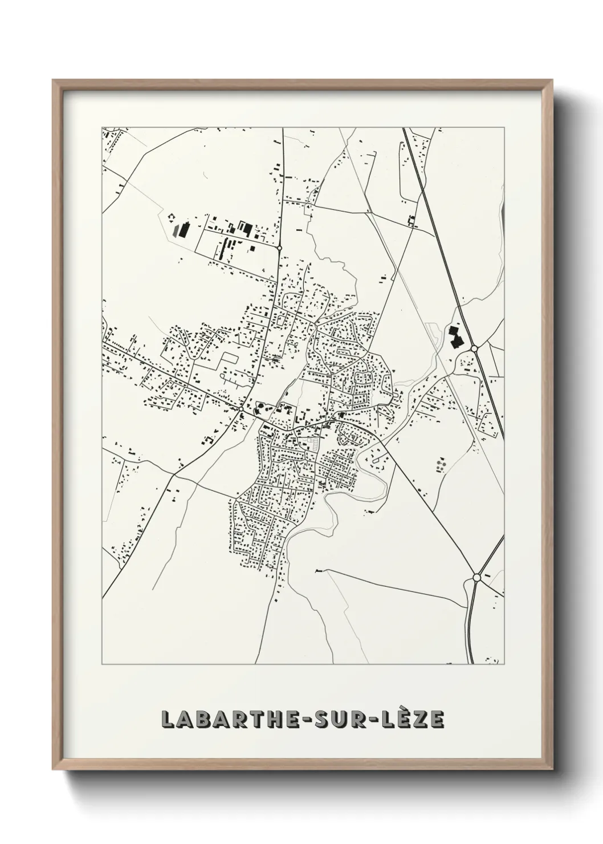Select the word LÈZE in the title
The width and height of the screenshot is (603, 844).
point(414,720)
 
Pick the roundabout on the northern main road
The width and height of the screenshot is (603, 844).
point(279,248)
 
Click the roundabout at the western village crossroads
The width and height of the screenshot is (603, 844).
point(242,409)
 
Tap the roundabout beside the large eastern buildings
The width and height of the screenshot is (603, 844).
point(474,348)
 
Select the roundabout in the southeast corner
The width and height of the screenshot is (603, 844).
point(476,578)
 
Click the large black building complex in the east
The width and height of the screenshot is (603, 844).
point(455,337)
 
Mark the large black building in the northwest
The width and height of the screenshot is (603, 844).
point(183,229)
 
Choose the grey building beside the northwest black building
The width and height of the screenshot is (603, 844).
point(176,233)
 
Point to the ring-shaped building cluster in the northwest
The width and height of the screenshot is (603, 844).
point(170,216)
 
